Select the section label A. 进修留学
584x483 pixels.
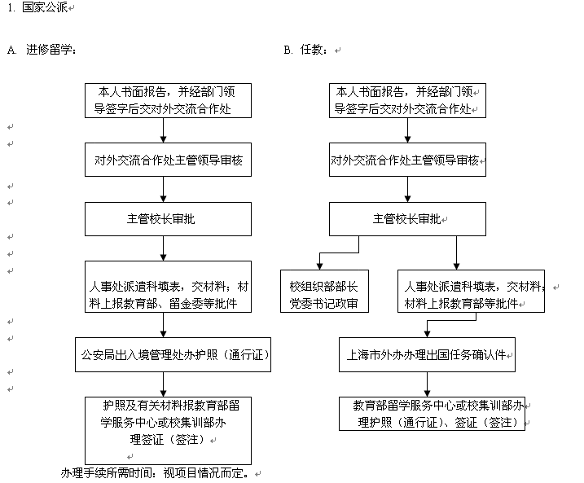pyautogui.click(x=41, y=50)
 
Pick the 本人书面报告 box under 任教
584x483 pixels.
pyautogui.click(x=404, y=99)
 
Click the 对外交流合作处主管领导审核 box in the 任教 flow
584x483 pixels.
pyautogui.click(x=404, y=160)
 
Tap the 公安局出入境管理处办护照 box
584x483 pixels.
pyautogui.click(x=173, y=355)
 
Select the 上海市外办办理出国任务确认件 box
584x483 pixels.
pyautogui.click(x=427, y=355)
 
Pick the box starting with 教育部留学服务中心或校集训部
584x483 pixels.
pyautogui.click(x=432, y=412)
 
